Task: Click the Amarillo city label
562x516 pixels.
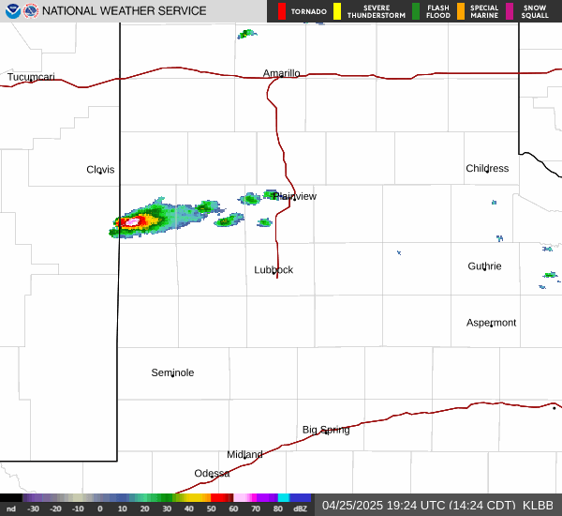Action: point(281,73)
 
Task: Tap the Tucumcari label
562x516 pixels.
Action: point(31,77)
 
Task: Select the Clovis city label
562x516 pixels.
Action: point(100,170)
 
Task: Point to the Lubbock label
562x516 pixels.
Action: point(274,270)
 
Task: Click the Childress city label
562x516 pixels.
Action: point(487,169)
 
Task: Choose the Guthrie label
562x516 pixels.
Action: point(484,266)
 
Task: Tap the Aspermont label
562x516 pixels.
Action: point(491,323)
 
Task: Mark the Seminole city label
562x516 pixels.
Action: point(172,373)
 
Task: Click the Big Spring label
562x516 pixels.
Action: point(326,430)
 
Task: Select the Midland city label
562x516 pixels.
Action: point(244,455)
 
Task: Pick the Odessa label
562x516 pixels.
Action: point(212,474)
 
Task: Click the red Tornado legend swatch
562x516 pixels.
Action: point(283,11)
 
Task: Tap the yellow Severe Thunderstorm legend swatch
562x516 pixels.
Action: point(337,11)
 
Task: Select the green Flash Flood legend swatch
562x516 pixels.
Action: point(416,11)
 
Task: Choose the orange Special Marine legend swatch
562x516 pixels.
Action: point(461,11)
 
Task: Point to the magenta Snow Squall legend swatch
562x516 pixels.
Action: point(510,11)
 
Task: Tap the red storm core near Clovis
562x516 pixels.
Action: point(131,222)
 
